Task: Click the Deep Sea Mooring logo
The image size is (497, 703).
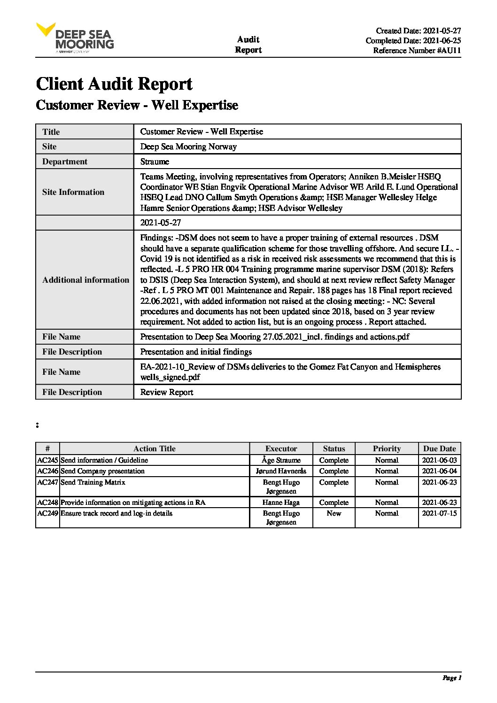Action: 75,38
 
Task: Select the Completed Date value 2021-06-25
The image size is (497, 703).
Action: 442,41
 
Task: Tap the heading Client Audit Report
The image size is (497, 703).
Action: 114,84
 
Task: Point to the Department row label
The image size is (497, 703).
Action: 65,162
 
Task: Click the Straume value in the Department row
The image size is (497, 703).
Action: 155,162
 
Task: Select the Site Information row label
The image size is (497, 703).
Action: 73,192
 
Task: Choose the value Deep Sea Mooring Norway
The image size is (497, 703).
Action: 188,147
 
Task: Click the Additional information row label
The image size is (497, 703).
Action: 85,280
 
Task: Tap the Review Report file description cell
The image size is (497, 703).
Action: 167,392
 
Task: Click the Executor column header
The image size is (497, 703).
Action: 281,448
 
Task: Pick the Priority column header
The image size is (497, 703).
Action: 387,448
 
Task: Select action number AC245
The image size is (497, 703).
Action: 47,460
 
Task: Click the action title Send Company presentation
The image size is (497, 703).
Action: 103,471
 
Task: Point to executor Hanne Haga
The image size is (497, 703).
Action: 281,502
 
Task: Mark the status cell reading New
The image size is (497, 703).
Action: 334,513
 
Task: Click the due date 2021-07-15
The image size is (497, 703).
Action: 439,513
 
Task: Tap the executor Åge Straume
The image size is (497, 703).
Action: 281,460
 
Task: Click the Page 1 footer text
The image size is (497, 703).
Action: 452,678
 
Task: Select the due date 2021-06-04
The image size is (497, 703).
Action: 439,471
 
